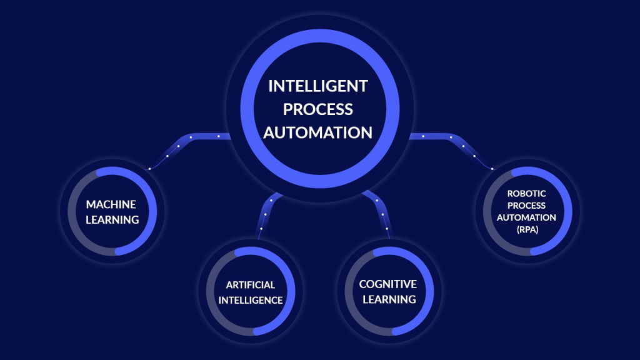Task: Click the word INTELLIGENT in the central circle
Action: [318, 86]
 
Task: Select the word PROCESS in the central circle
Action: [318, 109]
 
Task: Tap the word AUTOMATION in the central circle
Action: [318, 132]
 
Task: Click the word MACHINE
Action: [111, 204]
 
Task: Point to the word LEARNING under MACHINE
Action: [112, 219]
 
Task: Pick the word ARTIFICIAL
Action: [251, 285]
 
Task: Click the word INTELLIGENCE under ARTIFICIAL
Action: [251, 300]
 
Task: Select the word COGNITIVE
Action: [387, 284]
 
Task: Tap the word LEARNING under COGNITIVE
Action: [387, 299]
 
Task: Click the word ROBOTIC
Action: [527, 194]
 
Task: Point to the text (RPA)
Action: [527, 229]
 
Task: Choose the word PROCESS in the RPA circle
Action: [527, 206]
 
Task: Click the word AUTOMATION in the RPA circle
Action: [527, 217]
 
